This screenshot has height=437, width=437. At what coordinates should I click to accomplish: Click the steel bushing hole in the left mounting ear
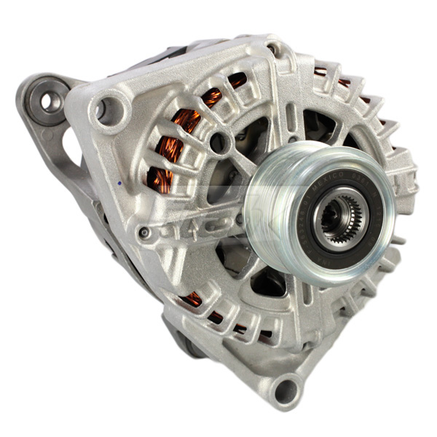(51, 102)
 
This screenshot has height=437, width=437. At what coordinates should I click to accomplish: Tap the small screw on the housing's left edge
(146, 232)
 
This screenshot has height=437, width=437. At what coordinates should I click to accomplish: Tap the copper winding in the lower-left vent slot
(194, 299)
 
